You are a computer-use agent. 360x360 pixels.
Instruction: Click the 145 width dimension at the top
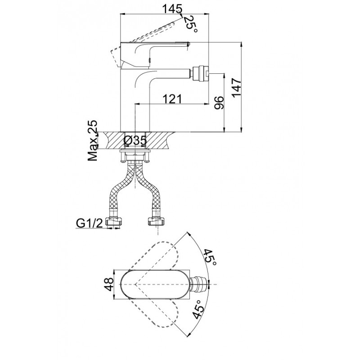click(x=172, y=9)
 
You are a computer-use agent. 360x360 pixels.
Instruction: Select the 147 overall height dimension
click(x=236, y=87)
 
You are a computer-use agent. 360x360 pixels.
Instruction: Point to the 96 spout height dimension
click(x=219, y=103)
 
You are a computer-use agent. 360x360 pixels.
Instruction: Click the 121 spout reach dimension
click(x=172, y=99)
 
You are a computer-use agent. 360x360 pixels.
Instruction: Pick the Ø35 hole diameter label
click(x=135, y=140)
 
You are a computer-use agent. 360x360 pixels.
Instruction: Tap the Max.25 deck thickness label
click(x=93, y=140)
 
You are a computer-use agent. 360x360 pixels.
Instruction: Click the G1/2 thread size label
click(x=90, y=223)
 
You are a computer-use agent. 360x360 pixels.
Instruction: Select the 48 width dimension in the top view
click(x=110, y=284)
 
